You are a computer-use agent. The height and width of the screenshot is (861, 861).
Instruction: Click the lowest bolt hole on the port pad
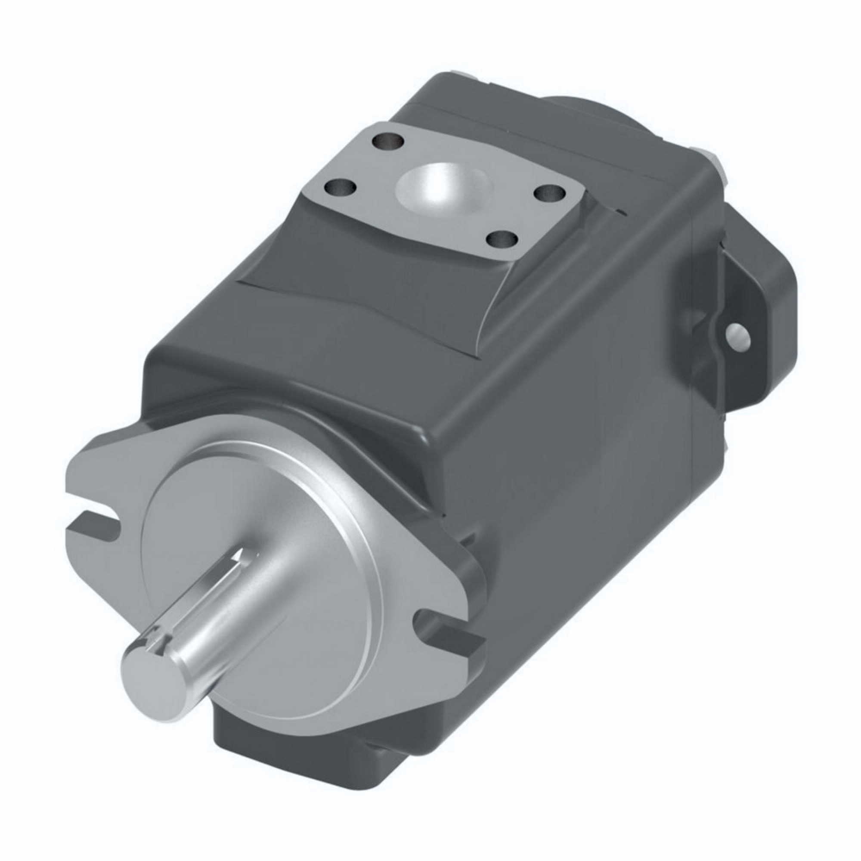(x=502, y=240)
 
